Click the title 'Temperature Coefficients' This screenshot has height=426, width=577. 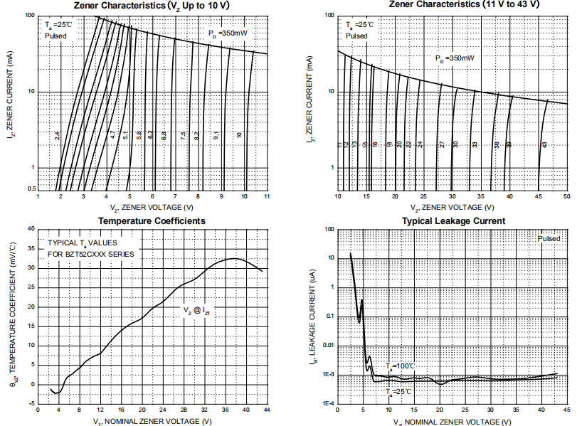(x=152, y=221)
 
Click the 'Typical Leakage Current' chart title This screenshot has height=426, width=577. (x=453, y=221)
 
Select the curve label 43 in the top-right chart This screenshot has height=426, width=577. (x=544, y=144)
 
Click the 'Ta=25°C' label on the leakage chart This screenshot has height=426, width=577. (x=398, y=392)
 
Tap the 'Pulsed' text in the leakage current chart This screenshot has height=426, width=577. (x=549, y=239)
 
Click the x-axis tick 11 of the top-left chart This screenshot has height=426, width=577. (x=267, y=196)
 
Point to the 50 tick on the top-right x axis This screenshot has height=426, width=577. (x=566, y=196)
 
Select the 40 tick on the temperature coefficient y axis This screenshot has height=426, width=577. (x=31, y=229)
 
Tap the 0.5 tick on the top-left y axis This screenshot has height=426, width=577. (x=31, y=188)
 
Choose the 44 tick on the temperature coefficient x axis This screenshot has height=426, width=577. (x=267, y=411)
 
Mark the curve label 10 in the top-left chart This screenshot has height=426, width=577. (x=240, y=134)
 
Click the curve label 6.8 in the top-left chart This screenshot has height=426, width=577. (x=164, y=134)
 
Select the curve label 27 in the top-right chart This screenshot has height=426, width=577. (x=441, y=144)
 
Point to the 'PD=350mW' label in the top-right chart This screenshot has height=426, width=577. (x=454, y=58)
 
